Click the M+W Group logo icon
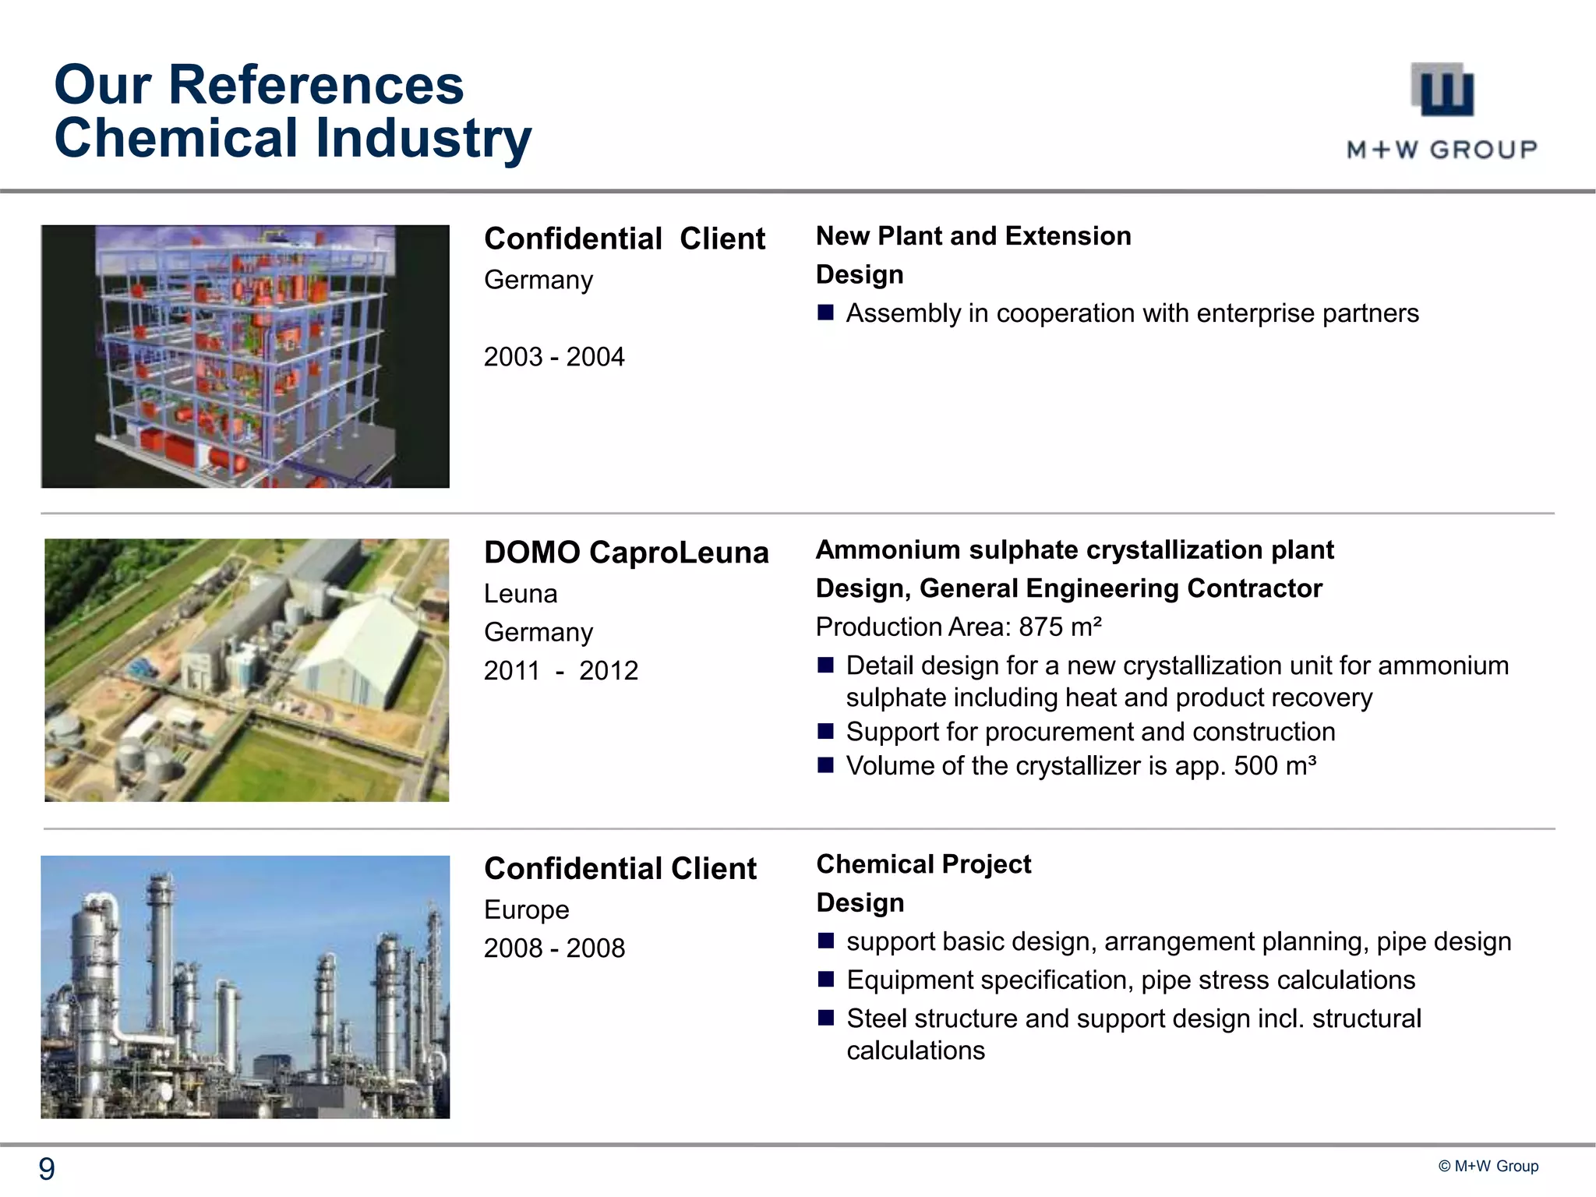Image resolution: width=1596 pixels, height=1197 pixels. pos(1442,89)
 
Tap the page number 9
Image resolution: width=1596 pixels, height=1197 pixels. pos(47,1169)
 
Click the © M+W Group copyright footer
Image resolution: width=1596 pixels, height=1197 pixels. pos(1488,1166)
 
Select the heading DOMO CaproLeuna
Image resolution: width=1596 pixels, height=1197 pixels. pos(626,553)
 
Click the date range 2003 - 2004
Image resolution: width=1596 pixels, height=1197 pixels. pos(554,357)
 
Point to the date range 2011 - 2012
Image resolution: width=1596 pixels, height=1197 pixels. pos(560,671)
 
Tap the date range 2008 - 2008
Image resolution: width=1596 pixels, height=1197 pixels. pos(554,948)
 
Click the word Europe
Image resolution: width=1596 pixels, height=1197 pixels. pos(526,909)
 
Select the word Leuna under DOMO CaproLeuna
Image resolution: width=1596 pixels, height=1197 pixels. pos(520,594)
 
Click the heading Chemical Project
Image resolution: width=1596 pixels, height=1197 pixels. pos(923,864)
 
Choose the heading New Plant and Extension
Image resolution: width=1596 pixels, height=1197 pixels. pos(973,236)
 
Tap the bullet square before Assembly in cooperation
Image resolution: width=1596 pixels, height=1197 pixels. pos(826,313)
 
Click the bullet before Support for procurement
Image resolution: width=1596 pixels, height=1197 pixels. pos(826,732)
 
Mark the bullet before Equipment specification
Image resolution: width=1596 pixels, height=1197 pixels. pos(826,980)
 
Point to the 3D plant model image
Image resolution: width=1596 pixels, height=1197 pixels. pos(245,356)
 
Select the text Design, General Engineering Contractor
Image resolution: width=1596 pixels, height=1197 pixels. pos(1068,588)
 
